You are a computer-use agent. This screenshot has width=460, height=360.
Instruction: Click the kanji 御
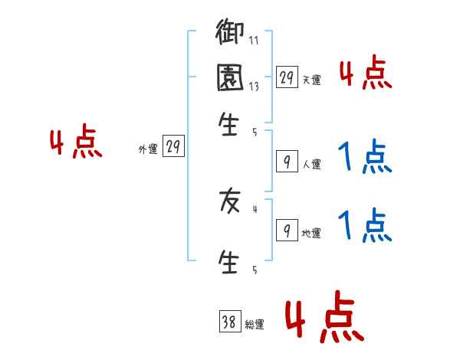[230, 34]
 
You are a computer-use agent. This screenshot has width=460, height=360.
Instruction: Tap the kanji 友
[230, 201]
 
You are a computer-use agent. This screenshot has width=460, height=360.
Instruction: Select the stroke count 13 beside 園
[253, 87]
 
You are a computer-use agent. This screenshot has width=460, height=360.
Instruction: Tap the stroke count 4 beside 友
[255, 208]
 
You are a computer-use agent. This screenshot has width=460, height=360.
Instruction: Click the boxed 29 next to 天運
[287, 77]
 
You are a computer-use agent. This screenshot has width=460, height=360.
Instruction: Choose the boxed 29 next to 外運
[173, 148]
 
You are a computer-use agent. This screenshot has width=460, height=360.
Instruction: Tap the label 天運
[311, 80]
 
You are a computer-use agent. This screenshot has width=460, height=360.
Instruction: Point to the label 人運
[311, 164]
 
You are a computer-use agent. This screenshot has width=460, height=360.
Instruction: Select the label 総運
[255, 325]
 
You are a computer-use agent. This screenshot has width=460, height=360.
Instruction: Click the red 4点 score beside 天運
[365, 74]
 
